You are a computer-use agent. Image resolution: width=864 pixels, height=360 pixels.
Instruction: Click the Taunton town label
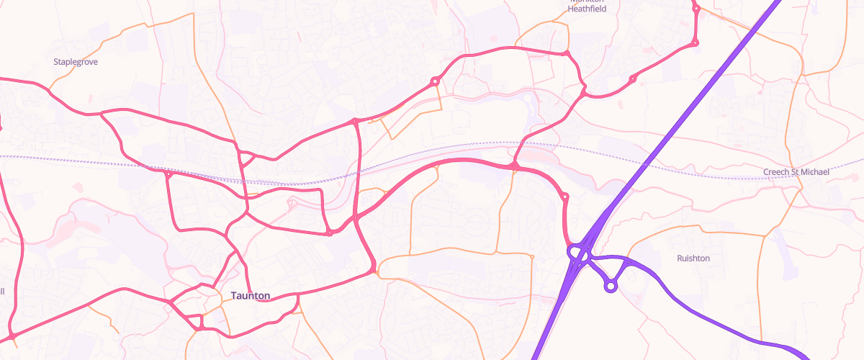pyautogui.click(x=251, y=296)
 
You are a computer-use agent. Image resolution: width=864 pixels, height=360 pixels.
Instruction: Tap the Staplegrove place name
pyautogui.click(x=76, y=62)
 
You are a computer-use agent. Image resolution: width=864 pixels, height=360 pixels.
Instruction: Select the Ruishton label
pyautogui.click(x=693, y=258)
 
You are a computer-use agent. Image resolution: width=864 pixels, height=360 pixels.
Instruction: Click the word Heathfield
pyautogui.click(x=587, y=9)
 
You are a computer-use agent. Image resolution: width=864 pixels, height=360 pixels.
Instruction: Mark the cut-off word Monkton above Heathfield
pyautogui.click(x=587, y=1)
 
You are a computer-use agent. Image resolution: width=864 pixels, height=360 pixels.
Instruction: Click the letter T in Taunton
pyautogui.click(x=234, y=296)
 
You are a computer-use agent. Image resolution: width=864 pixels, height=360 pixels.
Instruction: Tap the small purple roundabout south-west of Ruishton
pyautogui.click(x=611, y=287)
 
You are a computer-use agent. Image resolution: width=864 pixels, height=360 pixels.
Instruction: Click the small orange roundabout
pyautogui.click(x=532, y=256)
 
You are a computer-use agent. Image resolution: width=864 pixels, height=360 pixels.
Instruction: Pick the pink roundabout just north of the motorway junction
pyautogui.click(x=564, y=196)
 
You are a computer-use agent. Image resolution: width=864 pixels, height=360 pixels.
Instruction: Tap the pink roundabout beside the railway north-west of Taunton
pyautogui.click(x=168, y=174)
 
